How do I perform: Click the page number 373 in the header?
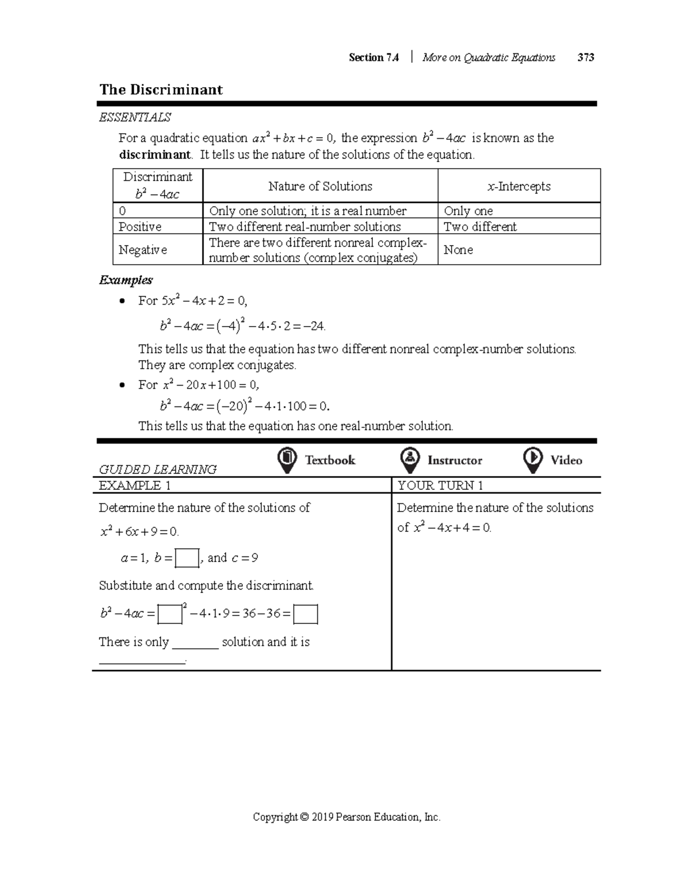click(585, 57)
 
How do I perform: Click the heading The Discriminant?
click(161, 90)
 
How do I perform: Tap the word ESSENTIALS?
click(135, 117)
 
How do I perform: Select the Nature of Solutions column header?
click(320, 186)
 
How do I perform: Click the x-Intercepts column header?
click(519, 186)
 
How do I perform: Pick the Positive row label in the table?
click(140, 227)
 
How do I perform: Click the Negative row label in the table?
click(143, 250)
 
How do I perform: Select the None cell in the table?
click(458, 250)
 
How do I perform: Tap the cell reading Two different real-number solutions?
click(305, 227)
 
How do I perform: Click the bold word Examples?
click(126, 280)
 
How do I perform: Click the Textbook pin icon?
click(287, 460)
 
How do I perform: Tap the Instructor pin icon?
click(410, 460)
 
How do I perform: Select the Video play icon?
click(532, 460)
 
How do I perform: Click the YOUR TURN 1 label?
click(440, 486)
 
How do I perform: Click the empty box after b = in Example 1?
click(187, 558)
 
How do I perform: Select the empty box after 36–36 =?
click(306, 614)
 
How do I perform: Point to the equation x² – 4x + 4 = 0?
click(452, 528)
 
